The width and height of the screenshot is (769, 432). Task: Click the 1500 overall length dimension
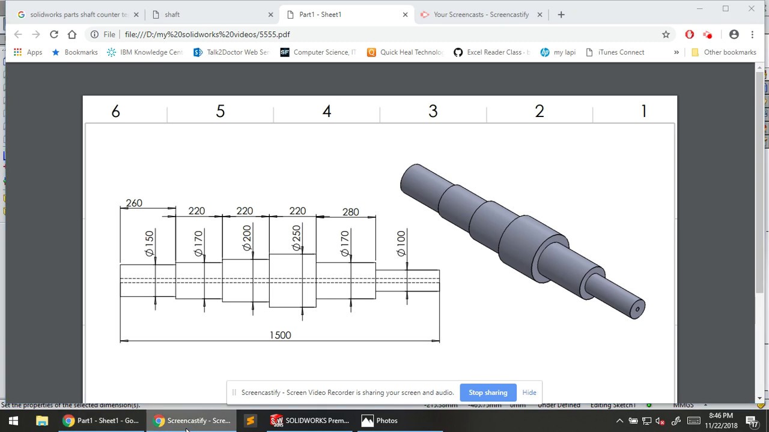coord(280,335)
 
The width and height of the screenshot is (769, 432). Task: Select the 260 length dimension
coord(134,203)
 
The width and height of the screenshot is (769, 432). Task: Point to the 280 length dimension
coord(350,212)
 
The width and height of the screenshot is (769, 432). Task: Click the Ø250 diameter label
coord(296,238)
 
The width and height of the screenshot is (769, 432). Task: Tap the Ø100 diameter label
coord(401,244)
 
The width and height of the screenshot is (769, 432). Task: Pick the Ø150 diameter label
coord(150,244)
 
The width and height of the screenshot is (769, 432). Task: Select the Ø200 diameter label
coord(246,238)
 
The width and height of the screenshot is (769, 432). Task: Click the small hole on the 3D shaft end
coord(637,310)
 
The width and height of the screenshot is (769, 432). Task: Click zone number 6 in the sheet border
coord(115,112)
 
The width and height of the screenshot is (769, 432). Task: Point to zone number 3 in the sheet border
coord(433,112)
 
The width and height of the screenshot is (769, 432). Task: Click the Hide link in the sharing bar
coord(529,392)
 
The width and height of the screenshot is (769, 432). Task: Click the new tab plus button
coord(561,14)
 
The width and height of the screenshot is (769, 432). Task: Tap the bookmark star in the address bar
coord(666,34)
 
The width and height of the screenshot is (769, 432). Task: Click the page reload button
coord(54,34)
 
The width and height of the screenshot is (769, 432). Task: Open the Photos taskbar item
coord(380,421)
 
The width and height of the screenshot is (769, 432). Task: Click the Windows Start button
coord(13,421)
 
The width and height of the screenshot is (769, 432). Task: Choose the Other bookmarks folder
coord(724,52)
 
